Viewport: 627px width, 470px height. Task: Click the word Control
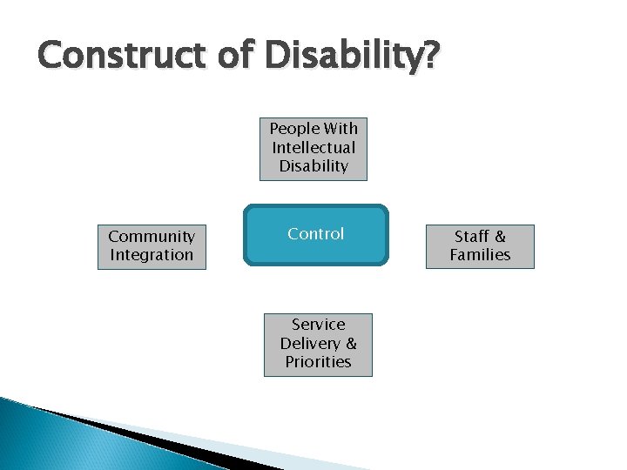(x=315, y=233)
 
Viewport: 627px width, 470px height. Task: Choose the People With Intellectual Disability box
(x=313, y=148)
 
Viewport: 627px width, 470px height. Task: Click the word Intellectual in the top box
(x=313, y=147)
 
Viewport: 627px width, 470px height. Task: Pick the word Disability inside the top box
(x=313, y=165)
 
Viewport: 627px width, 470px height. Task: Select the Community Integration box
(x=152, y=246)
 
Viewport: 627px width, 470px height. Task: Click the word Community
(x=152, y=237)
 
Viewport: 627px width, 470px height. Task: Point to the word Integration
(x=152, y=255)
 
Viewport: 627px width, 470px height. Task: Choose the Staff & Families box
(x=480, y=246)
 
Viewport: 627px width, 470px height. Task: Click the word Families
(x=480, y=255)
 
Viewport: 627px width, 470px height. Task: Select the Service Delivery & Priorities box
(x=318, y=344)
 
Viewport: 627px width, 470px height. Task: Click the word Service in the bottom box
(x=318, y=325)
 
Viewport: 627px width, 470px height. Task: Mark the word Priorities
(x=318, y=362)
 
